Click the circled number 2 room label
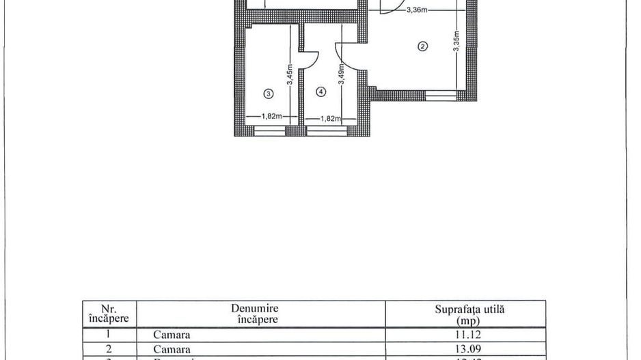pyautogui.click(x=422, y=46)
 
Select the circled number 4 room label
pyautogui.click(x=321, y=91)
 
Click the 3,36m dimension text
pyautogui.click(x=416, y=10)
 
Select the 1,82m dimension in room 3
pyautogui.click(x=271, y=117)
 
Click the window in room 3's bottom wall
pyautogui.click(x=269, y=131)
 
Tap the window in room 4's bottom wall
pyautogui.click(x=326, y=131)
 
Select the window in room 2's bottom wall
pyautogui.click(x=441, y=96)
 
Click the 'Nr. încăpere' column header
pyautogui.click(x=109, y=314)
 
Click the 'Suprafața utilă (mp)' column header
pyautogui.click(x=465, y=314)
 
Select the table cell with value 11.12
pyautogui.click(x=465, y=335)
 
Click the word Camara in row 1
pyautogui.click(x=172, y=335)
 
